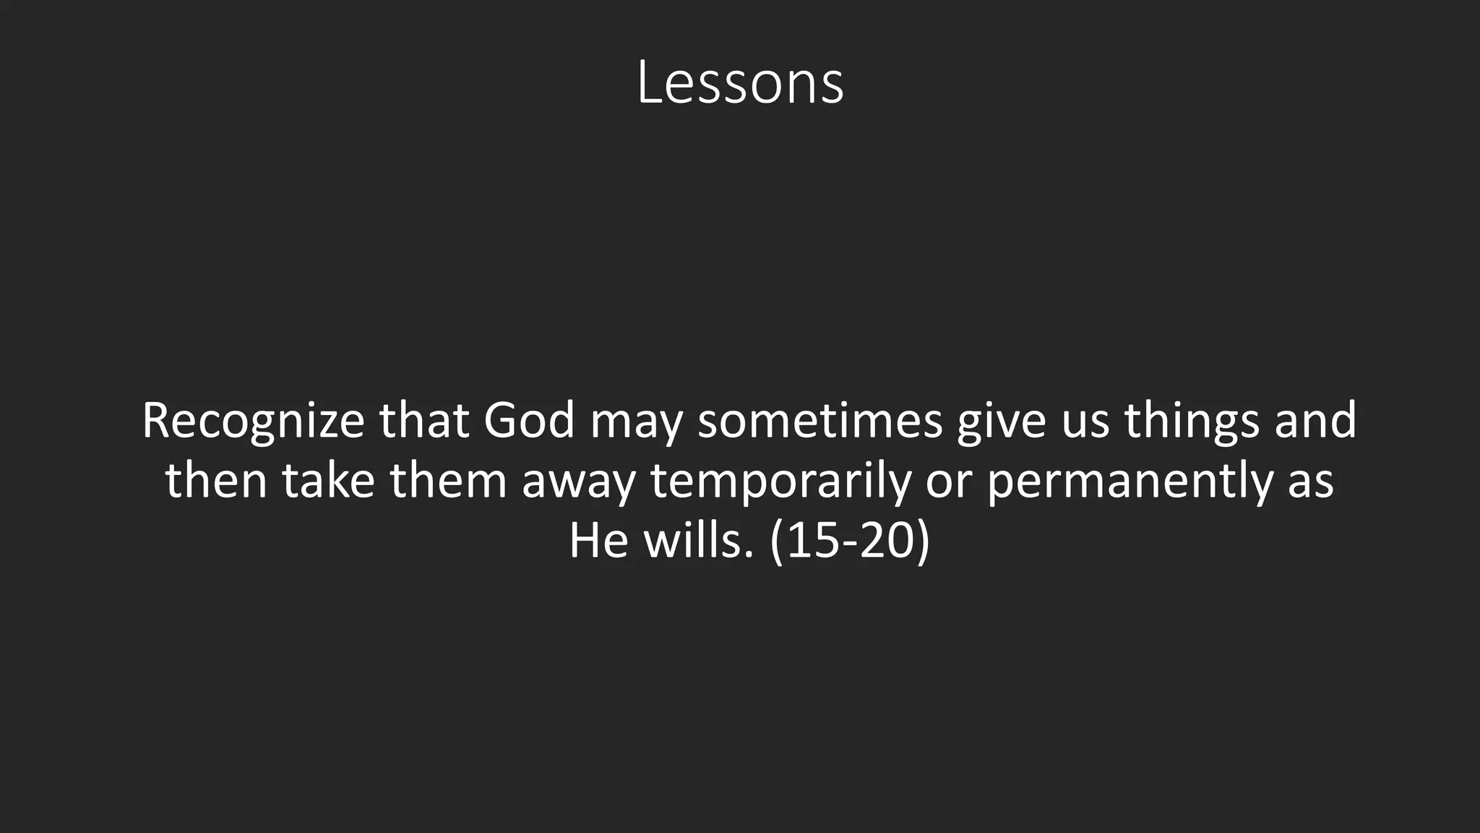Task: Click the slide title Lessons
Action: pyautogui.click(x=740, y=83)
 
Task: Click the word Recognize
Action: pyautogui.click(x=253, y=421)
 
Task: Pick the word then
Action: pyautogui.click(x=216, y=480)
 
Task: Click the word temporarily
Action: pyautogui.click(x=780, y=482)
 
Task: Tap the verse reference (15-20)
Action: pyautogui.click(x=849, y=541)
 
